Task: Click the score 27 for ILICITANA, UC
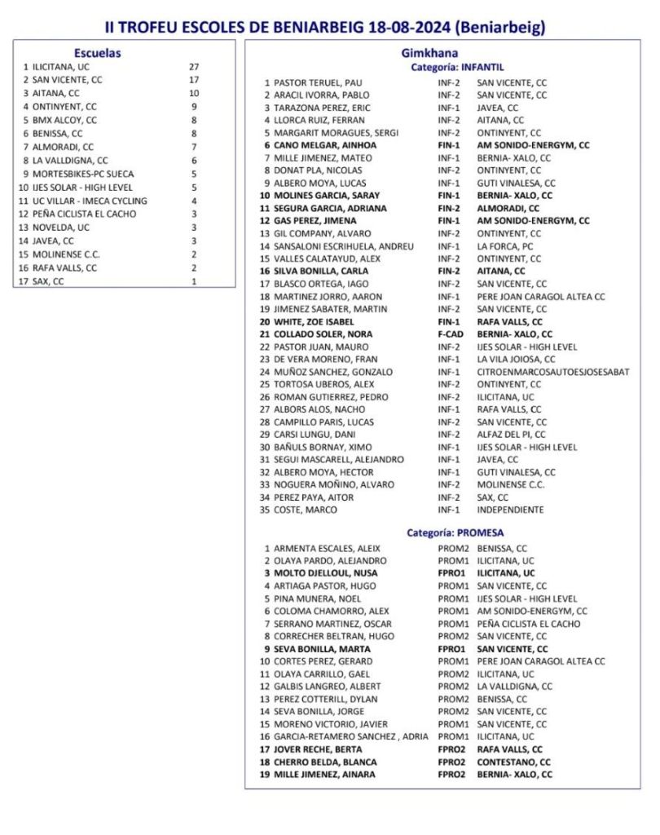pyautogui.click(x=193, y=67)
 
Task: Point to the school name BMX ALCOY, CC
pyautogui.click(x=64, y=119)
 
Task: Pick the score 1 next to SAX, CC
pyautogui.click(x=193, y=281)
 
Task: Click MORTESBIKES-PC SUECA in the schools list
pyautogui.click(x=83, y=174)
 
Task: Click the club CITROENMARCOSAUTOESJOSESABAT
pyautogui.click(x=553, y=372)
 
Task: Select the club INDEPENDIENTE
pyautogui.click(x=510, y=510)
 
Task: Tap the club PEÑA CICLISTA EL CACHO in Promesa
pyautogui.click(x=529, y=624)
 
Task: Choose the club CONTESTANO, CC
pyautogui.click(x=513, y=762)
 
